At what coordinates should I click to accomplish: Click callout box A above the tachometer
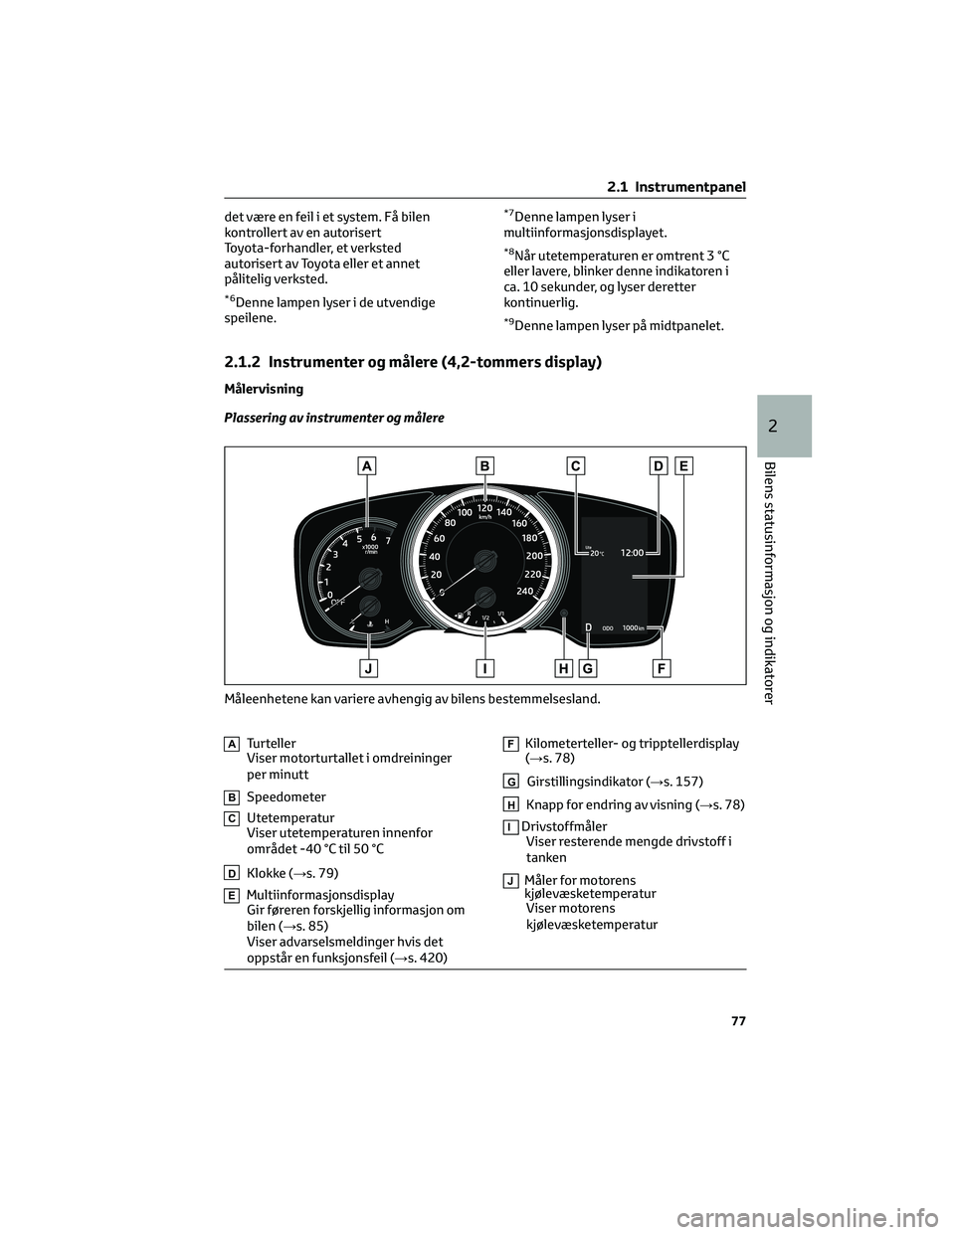(x=368, y=464)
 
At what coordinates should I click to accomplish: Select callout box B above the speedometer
(x=484, y=464)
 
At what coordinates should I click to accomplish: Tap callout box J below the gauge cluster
(x=368, y=668)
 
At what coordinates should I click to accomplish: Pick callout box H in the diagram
(x=564, y=668)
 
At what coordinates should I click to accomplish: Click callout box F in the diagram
(x=662, y=668)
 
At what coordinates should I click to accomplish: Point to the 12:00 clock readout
(x=633, y=551)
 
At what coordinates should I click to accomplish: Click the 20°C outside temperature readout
(x=595, y=553)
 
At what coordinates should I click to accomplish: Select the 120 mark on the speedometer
(x=485, y=508)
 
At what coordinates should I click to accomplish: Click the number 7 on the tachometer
(x=388, y=540)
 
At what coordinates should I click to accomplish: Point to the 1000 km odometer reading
(x=633, y=627)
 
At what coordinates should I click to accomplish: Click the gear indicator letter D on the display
(x=589, y=627)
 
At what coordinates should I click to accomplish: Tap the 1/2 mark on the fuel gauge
(x=485, y=617)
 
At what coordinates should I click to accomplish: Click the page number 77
(x=738, y=1021)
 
